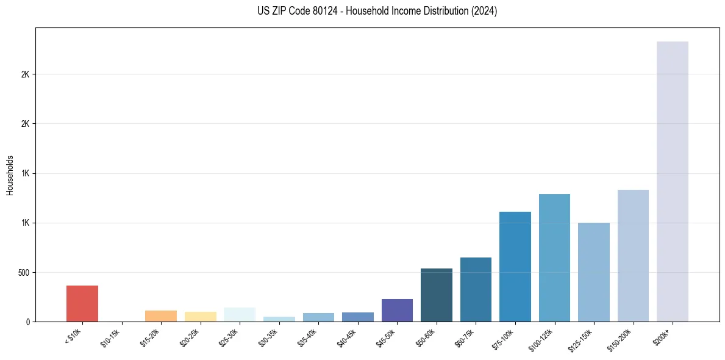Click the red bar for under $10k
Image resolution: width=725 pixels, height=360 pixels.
click(x=82, y=303)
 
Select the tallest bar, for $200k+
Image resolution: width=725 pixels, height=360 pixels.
click(x=673, y=181)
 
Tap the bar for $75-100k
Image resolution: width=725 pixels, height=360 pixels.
click(x=515, y=267)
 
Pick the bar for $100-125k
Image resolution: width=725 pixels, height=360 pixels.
click(x=554, y=257)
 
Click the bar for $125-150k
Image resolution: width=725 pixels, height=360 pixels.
click(x=594, y=272)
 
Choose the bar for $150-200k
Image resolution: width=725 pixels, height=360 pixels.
click(x=633, y=256)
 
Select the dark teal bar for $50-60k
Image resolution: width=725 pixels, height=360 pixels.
click(x=437, y=295)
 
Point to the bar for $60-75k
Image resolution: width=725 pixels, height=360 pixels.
click(x=476, y=289)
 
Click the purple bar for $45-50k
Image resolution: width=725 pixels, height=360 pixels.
click(x=397, y=310)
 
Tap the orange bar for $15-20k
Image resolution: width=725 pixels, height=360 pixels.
click(x=161, y=316)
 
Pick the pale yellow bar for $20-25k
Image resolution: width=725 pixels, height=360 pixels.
click(x=201, y=317)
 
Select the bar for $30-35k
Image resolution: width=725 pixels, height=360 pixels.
click(x=279, y=319)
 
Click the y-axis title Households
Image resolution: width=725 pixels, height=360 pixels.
click(x=10, y=175)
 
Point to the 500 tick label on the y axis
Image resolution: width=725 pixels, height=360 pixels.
click(x=24, y=272)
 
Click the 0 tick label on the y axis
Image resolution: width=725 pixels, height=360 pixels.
click(x=28, y=322)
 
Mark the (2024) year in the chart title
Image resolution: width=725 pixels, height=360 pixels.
click(x=484, y=11)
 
